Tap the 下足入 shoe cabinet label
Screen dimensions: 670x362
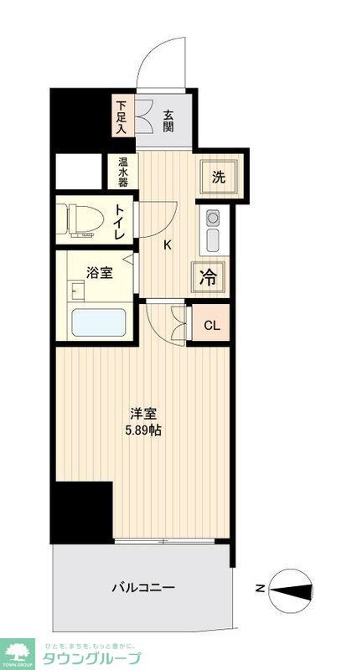pyautogui.click(x=122, y=117)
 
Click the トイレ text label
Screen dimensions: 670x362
pyautogui.click(x=121, y=223)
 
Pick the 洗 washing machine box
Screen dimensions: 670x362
pyautogui.click(x=219, y=177)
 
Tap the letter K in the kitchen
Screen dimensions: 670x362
pyautogui.click(x=167, y=245)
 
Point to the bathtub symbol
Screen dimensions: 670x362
pyautogui.click(x=99, y=322)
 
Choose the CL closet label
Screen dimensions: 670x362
pyautogui.click(x=211, y=325)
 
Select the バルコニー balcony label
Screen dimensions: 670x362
pyautogui.click(x=143, y=588)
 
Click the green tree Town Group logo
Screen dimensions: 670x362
pyautogui.click(x=18, y=652)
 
